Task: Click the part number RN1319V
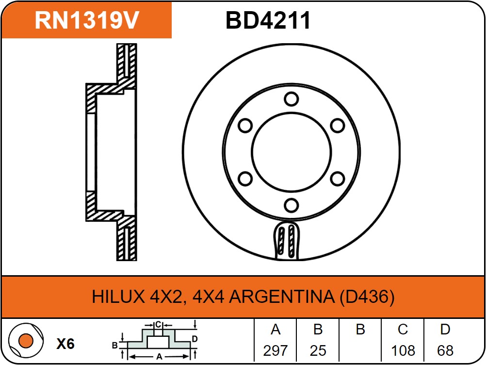[x=87, y=20]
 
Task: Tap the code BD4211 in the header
[x=268, y=20]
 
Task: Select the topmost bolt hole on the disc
[x=292, y=99]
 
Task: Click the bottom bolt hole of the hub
[x=292, y=205]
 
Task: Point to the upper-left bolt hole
[x=245, y=126]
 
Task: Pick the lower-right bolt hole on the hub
[x=338, y=179]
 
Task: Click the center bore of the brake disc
[x=292, y=152]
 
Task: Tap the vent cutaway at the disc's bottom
[x=287, y=240]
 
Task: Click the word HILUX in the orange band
[x=118, y=297]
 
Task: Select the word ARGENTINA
[x=282, y=297]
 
